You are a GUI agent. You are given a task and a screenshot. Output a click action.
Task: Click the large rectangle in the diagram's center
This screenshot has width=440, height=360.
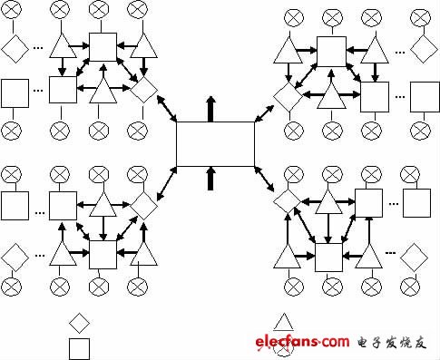[215, 143]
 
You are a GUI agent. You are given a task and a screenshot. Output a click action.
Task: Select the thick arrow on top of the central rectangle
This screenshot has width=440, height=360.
[211, 110]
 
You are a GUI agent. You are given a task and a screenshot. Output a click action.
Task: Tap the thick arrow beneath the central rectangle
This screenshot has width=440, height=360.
[211, 178]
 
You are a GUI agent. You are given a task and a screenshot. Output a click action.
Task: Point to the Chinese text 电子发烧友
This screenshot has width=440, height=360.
[391, 342]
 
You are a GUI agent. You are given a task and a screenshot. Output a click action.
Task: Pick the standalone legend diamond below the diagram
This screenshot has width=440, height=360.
[80, 322]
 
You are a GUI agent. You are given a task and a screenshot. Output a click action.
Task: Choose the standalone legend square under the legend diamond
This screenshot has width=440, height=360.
[80, 348]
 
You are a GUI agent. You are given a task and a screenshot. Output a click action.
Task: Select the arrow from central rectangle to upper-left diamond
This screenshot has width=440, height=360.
[164, 109]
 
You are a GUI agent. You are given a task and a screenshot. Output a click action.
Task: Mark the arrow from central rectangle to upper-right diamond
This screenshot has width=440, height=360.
[263, 112]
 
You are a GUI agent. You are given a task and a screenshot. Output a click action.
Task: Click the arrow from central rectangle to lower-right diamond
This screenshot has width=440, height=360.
[266, 180]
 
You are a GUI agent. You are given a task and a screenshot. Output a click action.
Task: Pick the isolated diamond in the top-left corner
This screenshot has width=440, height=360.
[15, 46]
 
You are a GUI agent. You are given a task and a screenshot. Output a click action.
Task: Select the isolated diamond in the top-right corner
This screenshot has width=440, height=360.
[423, 46]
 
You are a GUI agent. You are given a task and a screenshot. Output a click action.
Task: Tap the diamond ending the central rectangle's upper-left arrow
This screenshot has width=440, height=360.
[142, 89]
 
